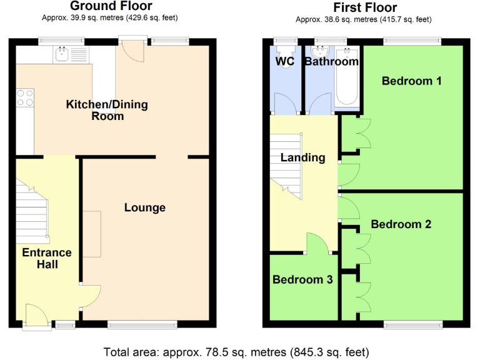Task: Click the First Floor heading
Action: point(365,7)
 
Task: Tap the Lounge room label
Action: point(144,207)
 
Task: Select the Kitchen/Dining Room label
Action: point(107,110)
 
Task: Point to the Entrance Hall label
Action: point(47,258)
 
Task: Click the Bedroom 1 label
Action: point(412,81)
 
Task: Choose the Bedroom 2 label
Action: point(401,224)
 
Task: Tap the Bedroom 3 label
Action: point(302,279)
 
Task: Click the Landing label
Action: point(302,157)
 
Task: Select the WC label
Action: point(286,61)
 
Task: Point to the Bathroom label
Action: point(331,61)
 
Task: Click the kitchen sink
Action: point(65,54)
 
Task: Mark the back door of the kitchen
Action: point(132,51)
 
